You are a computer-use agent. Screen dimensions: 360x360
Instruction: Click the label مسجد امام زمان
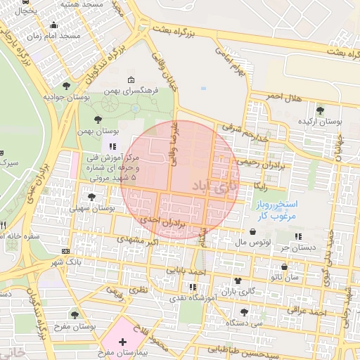point(51,35)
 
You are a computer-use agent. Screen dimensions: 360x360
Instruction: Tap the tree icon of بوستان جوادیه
point(66,86)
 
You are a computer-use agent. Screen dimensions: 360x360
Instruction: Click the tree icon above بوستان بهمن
point(98,119)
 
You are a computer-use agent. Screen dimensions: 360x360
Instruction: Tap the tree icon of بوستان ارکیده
point(321,110)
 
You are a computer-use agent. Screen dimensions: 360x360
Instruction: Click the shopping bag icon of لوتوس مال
point(252,231)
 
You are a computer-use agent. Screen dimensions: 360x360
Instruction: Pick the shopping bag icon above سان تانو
point(284,267)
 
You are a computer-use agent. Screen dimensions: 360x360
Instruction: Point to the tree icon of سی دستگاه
point(243,312)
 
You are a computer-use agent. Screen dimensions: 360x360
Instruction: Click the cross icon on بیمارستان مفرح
point(123,342)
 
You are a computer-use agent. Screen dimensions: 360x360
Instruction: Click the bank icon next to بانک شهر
point(65,251)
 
